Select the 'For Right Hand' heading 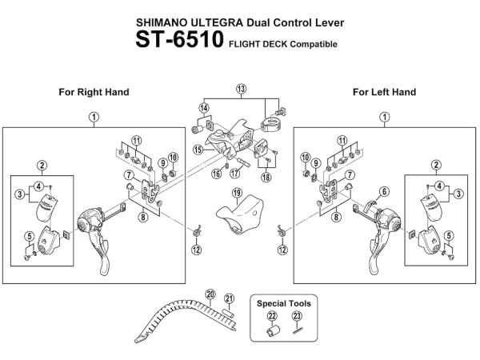click(x=94, y=93)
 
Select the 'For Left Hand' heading click(x=384, y=93)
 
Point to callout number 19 click(x=237, y=193)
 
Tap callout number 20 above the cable click(x=211, y=294)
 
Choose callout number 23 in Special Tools click(x=298, y=317)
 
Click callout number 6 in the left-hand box click(x=384, y=191)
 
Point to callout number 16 click(x=216, y=174)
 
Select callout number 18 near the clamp click(x=266, y=176)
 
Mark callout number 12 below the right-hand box click(x=196, y=250)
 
